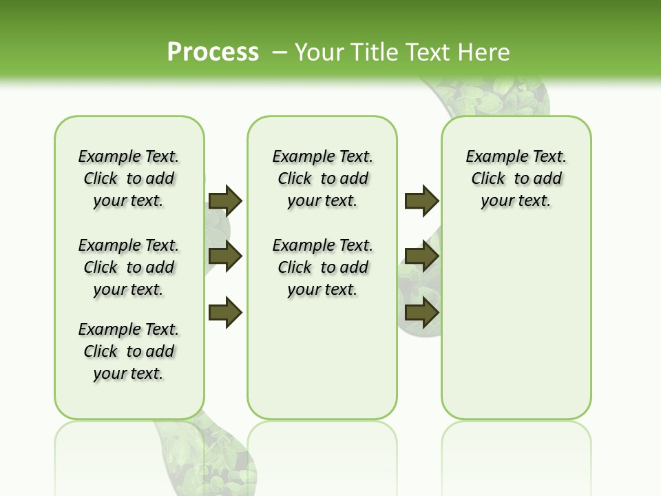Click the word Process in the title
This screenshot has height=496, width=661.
[213, 52]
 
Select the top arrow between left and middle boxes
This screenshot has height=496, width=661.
[225, 200]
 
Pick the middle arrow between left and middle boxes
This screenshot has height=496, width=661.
[225, 256]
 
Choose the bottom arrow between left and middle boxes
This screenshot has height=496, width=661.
[225, 313]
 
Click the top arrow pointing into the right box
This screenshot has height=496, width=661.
[421, 200]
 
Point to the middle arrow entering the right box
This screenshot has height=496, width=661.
[421, 256]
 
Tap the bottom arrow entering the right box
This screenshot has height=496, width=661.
[421, 313]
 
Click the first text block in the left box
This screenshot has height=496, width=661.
[129, 178]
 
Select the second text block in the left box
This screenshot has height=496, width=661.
[129, 267]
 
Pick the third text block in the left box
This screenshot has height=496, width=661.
[129, 351]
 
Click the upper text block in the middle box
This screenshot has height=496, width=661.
[322, 178]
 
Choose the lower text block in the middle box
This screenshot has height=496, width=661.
[322, 267]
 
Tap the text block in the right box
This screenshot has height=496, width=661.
[516, 178]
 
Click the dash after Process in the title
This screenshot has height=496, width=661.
[280, 52]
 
